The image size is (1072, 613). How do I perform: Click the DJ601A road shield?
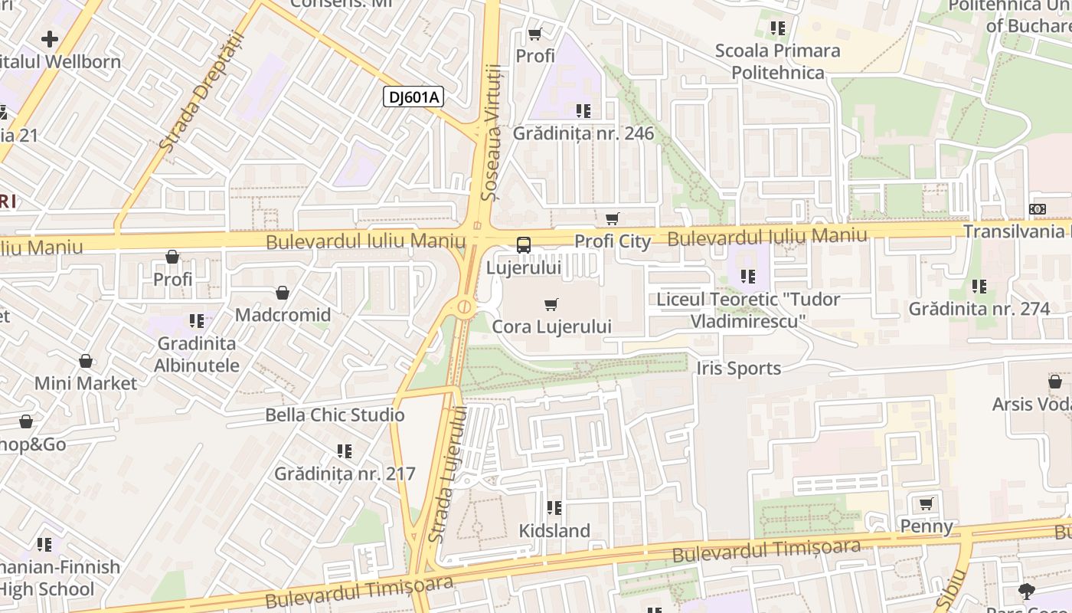click(x=413, y=97)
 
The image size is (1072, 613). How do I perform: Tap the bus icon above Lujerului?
click(x=524, y=245)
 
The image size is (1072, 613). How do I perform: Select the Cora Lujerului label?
click(x=551, y=327)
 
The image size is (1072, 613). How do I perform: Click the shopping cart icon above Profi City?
click(x=612, y=219)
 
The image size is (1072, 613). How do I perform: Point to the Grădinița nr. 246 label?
click(x=583, y=134)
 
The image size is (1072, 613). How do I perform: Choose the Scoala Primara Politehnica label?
click(x=777, y=61)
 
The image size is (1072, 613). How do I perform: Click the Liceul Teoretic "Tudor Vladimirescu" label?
click(x=748, y=310)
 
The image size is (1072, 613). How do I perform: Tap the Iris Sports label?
click(x=739, y=369)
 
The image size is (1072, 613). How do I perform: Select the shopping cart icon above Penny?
click(x=927, y=503)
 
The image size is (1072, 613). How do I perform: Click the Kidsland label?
click(x=554, y=531)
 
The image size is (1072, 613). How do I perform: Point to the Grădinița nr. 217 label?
click(x=345, y=474)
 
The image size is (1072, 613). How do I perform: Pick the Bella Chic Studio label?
click(x=335, y=415)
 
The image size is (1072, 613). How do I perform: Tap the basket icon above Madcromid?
click(x=283, y=293)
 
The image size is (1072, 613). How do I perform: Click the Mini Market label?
click(x=86, y=383)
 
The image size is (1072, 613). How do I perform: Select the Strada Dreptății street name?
click(x=201, y=90)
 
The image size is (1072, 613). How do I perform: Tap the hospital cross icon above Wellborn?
click(x=50, y=38)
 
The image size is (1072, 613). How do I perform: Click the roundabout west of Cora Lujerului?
click(x=464, y=307)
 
